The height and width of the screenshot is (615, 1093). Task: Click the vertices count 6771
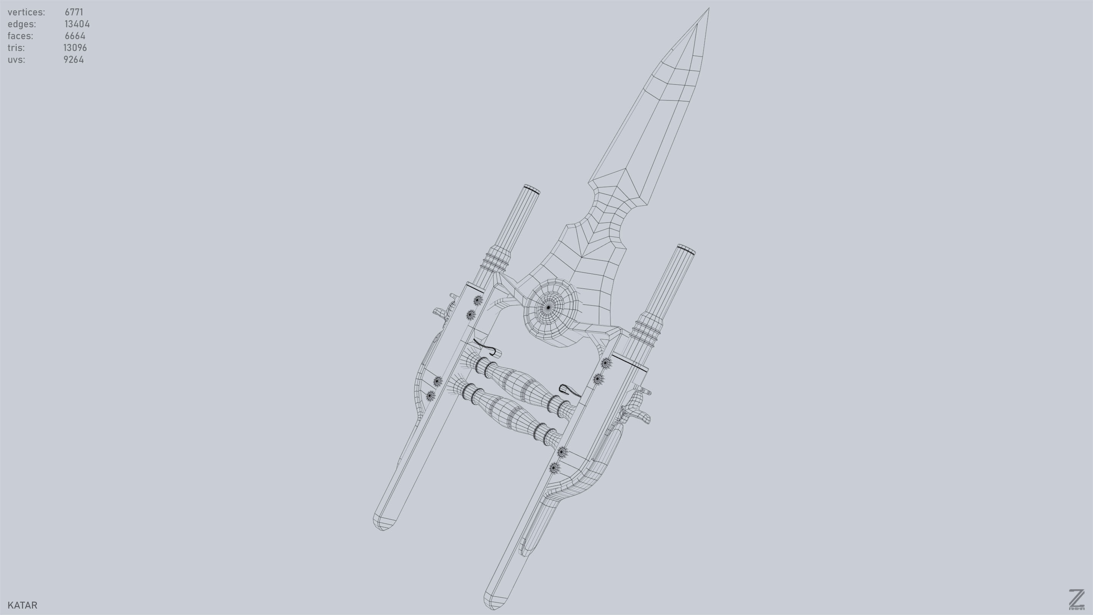pos(74,12)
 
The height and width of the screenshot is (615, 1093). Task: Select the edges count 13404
pos(77,24)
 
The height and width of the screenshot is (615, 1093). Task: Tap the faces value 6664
pos(75,36)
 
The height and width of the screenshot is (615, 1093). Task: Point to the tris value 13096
pos(75,48)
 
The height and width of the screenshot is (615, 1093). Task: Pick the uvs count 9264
pos(74,60)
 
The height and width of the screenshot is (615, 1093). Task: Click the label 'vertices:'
pos(26,12)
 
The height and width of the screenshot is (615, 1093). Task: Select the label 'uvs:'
pos(16,60)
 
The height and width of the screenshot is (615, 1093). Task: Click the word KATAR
pos(22,605)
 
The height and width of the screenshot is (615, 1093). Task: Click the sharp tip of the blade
pos(708,9)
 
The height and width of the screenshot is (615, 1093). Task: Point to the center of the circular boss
pos(548,307)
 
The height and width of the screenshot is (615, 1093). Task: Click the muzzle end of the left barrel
pos(532,189)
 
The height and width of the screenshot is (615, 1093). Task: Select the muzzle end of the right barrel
pos(686,249)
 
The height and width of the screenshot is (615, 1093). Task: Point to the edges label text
pos(22,24)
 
